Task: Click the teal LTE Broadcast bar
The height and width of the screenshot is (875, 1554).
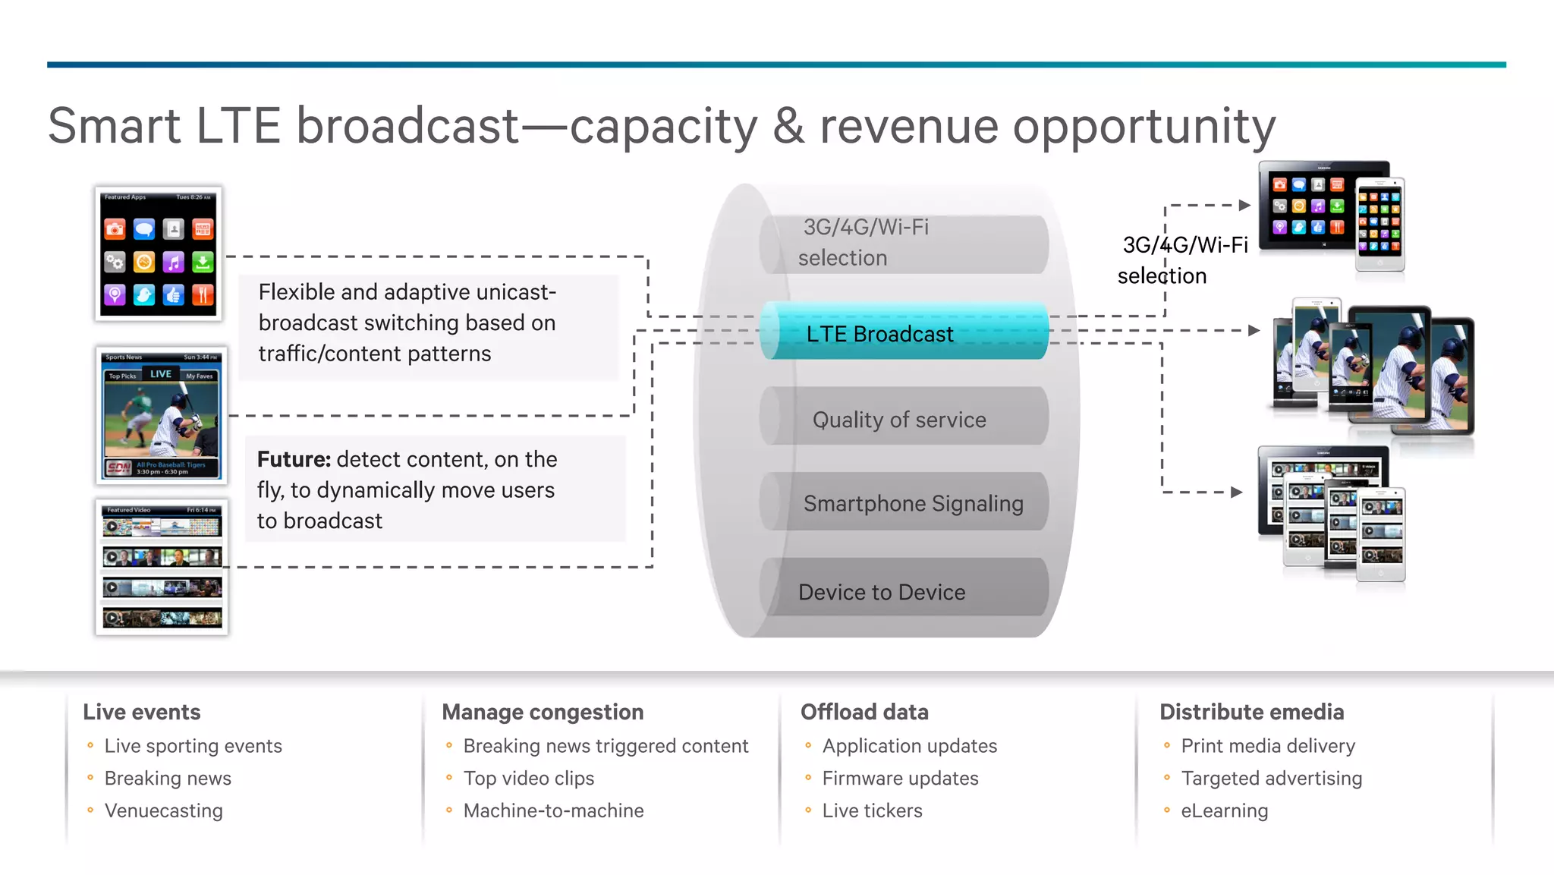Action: pyautogui.click(x=903, y=332)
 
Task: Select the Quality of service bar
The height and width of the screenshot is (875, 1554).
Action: pyautogui.click(x=903, y=418)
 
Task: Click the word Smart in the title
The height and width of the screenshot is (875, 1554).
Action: pyautogui.click(x=115, y=126)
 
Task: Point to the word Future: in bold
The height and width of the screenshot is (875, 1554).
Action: pyautogui.click(x=294, y=459)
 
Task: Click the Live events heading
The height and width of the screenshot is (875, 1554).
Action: pyautogui.click(x=142, y=712)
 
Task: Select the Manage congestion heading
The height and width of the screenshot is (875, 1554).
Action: pyautogui.click(x=543, y=712)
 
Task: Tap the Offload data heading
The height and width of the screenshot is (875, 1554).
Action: pyautogui.click(x=864, y=712)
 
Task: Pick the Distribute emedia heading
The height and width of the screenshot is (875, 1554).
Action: pyautogui.click(x=1251, y=712)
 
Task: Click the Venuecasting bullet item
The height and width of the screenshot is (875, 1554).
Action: pyautogui.click(x=164, y=810)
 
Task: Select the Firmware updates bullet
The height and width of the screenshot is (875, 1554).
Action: pyautogui.click(x=900, y=778)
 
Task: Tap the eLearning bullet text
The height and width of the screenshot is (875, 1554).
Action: pyautogui.click(x=1224, y=810)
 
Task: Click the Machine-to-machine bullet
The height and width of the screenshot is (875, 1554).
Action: pyautogui.click(x=553, y=810)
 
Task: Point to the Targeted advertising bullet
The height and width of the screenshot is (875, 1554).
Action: pyautogui.click(x=1271, y=778)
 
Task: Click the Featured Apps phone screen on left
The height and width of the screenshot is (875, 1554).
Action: pyautogui.click(x=159, y=253)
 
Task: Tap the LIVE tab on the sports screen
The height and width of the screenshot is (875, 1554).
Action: pyautogui.click(x=161, y=374)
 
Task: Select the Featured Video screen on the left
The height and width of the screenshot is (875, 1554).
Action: pyautogui.click(x=162, y=566)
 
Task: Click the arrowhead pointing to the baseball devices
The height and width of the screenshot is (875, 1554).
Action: pyautogui.click(x=1254, y=330)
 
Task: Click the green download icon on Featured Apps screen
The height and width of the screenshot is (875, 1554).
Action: pyautogui.click(x=203, y=263)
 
